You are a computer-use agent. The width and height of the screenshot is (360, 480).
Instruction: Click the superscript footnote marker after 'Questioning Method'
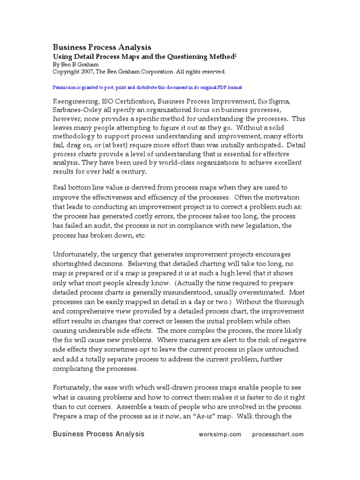[x=236, y=55]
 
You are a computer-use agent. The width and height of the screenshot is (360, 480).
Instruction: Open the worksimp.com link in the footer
[x=220, y=435]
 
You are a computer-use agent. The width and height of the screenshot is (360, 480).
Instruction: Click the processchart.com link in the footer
[x=277, y=435]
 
